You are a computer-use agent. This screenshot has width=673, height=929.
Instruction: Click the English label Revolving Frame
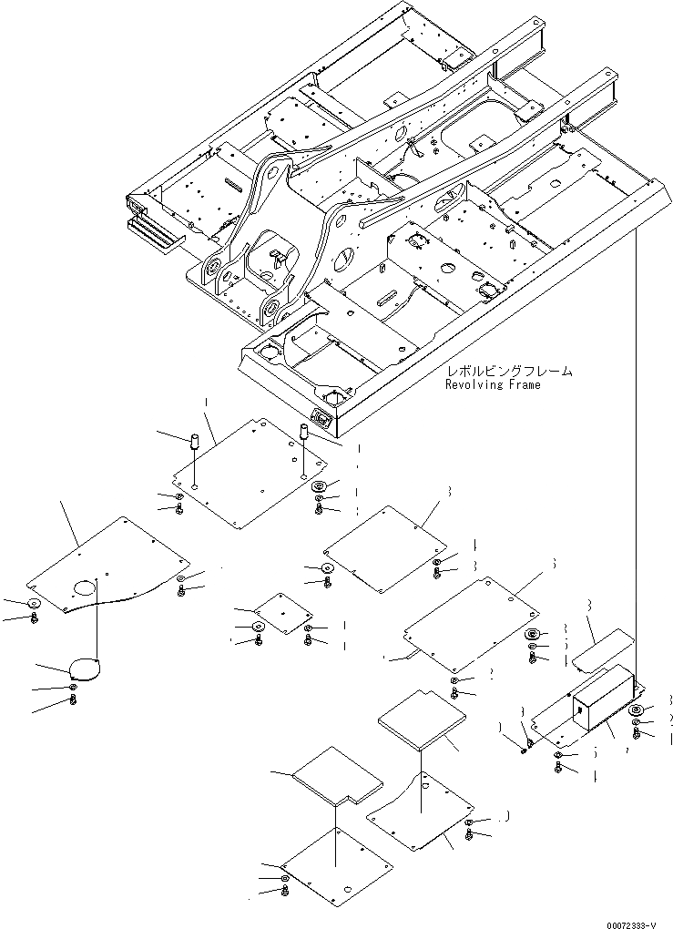coord(492,384)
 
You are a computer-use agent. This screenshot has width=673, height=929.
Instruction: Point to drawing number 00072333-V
coord(628,923)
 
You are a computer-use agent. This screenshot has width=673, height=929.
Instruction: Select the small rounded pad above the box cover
coord(602,646)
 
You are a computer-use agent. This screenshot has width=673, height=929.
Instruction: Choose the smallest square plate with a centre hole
coord(283,614)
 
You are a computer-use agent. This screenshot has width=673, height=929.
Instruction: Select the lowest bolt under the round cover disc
coord(73,699)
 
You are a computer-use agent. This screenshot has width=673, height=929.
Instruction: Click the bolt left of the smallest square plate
coord(258,640)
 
